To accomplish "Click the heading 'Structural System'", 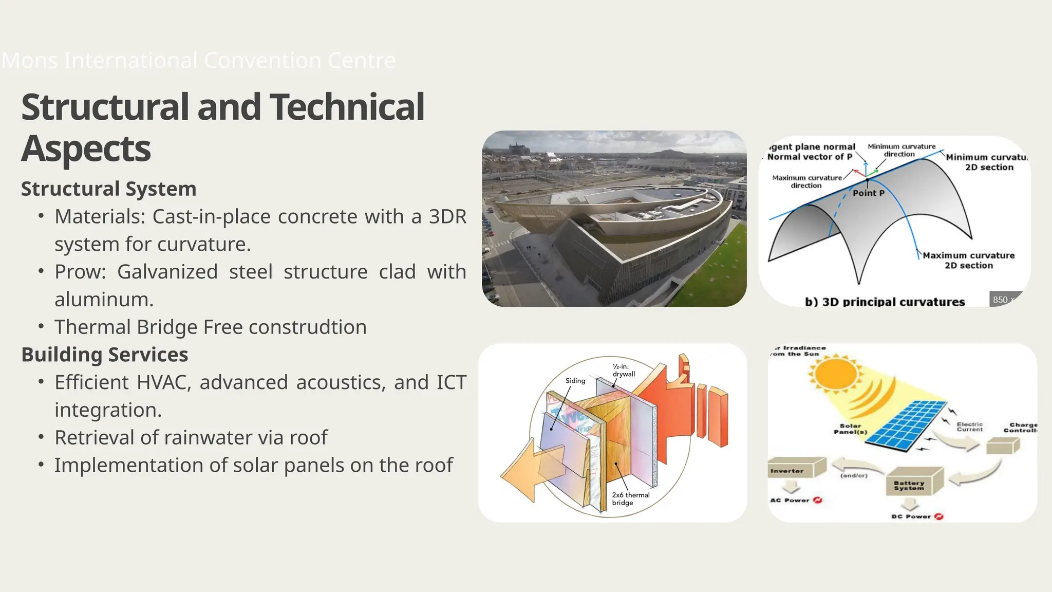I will coord(108,189).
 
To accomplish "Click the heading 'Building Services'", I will coord(104,355).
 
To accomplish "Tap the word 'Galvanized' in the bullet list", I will coord(167,272).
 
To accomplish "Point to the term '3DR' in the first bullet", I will coord(447,217).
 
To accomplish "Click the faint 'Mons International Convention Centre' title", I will coord(199,61).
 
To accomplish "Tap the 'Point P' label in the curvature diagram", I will coord(869,193).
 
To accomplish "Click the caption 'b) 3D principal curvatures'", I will coord(885,302).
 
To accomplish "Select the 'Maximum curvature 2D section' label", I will coord(968,261).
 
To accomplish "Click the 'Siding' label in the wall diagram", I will coord(575,381).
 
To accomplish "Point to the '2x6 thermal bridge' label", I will coord(630,498).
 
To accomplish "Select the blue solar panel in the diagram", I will coord(911,424).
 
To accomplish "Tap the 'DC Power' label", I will coord(911,516).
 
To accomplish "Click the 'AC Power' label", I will coord(790,500).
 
